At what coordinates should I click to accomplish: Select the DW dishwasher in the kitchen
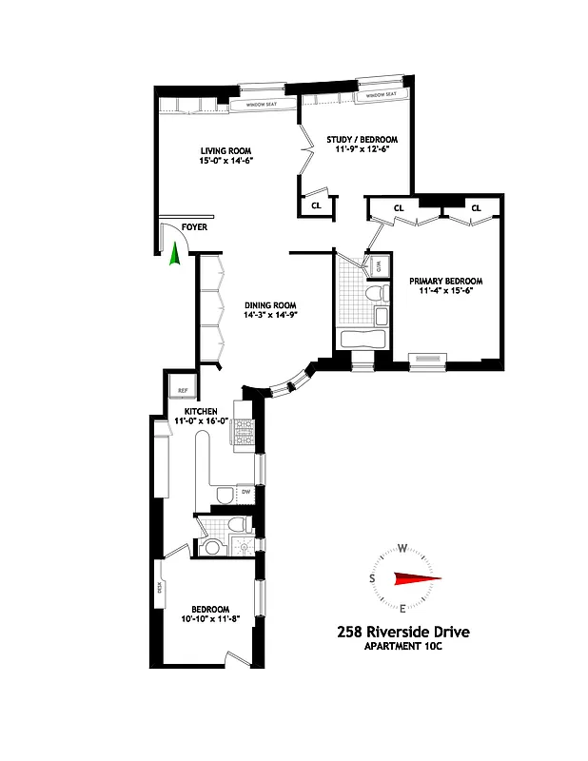(245, 492)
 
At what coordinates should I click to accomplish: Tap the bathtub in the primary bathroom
(363, 340)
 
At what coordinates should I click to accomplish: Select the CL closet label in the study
(315, 205)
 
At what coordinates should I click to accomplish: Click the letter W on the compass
(402, 548)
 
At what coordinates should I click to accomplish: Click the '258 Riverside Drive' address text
(402, 632)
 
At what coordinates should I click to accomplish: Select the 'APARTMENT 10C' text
(402, 647)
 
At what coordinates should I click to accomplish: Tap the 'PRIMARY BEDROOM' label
(445, 282)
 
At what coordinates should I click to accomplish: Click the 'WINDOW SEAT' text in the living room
(259, 105)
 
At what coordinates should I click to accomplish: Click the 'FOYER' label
(194, 227)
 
